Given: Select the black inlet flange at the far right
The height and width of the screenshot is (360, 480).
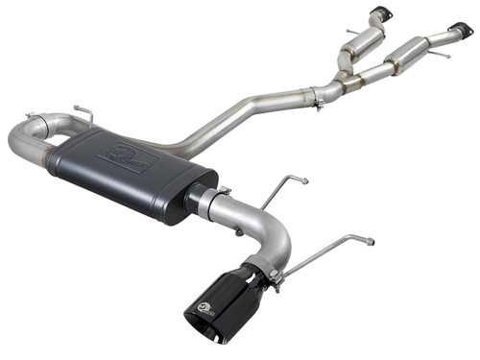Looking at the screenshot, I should [x=462, y=31].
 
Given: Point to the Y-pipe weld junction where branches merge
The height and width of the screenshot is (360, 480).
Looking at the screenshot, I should [x=341, y=79].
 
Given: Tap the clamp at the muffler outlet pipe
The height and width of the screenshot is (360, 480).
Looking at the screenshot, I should [x=222, y=199].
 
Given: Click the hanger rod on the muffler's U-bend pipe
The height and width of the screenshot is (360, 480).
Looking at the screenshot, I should [x=81, y=113].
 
